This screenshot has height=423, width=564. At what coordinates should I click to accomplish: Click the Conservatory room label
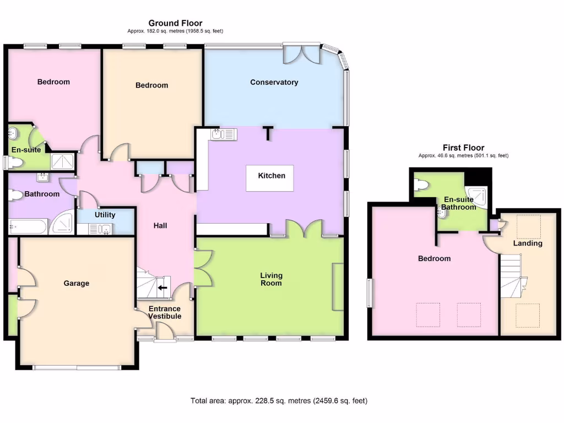click(274, 83)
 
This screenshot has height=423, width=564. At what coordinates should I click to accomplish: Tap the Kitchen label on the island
click(272, 176)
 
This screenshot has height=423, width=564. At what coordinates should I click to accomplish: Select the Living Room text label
click(271, 279)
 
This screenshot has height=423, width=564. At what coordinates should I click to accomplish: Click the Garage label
click(76, 284)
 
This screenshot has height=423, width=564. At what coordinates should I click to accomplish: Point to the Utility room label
click(105, 215)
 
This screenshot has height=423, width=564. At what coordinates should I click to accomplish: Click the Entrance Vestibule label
click(165, 313)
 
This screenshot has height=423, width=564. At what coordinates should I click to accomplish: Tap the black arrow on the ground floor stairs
click(162, 288)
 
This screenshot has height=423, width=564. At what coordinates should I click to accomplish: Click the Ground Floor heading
click(175, 23)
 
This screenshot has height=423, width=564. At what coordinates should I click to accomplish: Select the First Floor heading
click(463, 148)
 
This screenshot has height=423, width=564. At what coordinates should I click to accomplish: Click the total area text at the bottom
click(279, 401)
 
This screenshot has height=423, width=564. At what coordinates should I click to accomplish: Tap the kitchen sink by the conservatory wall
click(223, 134)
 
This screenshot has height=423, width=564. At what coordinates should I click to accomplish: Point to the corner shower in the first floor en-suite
click(478, 196)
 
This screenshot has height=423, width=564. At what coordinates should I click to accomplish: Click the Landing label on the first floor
click(527, 243)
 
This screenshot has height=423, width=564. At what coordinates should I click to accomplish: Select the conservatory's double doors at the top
click(301, 54)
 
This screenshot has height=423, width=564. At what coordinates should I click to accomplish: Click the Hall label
click(160, 226)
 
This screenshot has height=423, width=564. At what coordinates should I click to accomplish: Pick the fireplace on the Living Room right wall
click(337, 286)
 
